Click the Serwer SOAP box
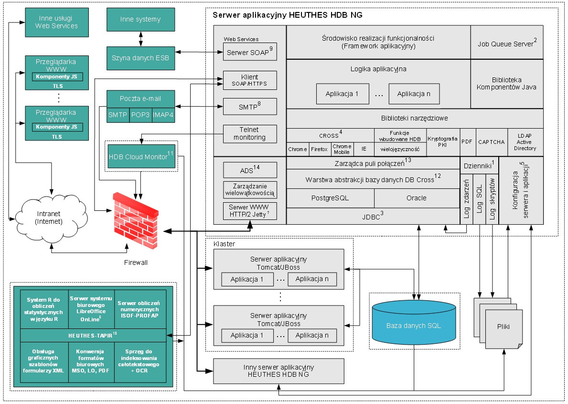tap(250, 52)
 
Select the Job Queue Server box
tap(507, 43)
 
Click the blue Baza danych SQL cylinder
tap(414, 325)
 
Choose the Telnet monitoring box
tap(250, 133)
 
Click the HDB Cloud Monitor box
tap(141, 156)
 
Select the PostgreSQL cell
tap(330, 198)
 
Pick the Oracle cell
tap(416, 198)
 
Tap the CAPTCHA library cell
tap(491, 142)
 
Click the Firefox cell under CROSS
tap(319, 149)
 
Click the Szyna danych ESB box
tap(140, 58)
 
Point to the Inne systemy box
tap(140, 20)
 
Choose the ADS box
tap(250, 170)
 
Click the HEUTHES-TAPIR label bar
tap(93, 335)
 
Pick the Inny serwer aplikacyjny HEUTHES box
tap(279, 371)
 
